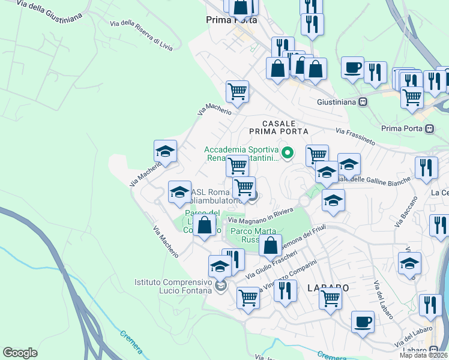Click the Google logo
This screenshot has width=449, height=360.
coord(20,353)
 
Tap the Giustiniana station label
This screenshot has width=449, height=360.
coord(337,102)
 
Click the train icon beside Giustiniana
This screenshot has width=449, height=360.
coord(363,102)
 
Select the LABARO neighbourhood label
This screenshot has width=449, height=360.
coord(328,287)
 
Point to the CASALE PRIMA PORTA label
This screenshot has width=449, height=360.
coord(279,127)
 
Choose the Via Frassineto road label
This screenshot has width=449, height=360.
coord(355,136)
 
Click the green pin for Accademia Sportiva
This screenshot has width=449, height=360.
coord(287,153)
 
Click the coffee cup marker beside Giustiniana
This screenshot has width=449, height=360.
coord(352,67)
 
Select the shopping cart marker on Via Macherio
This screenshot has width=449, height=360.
coord(237,91)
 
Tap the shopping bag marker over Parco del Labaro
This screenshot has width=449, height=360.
coord(205,226)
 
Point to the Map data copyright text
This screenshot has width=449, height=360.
coord(423,355)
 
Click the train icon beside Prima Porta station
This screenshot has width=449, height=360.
coord(429,128)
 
